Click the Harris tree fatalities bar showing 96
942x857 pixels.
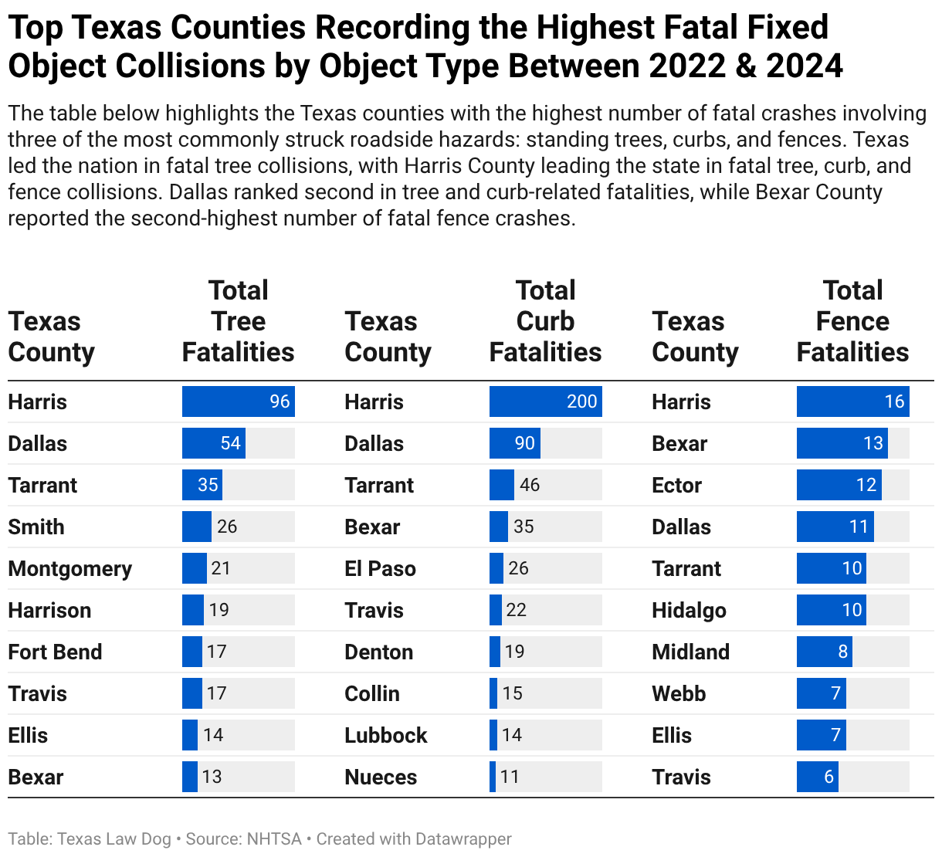[238, 401]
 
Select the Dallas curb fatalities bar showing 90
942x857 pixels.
[515, 443]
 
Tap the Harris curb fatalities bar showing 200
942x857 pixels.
[546, 401]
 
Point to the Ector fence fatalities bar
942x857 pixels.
[839, 485]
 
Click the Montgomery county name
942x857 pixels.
[70, 569]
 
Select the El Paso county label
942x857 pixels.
[381, 569]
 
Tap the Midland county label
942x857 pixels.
[691, 652]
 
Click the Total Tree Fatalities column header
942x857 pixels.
[238, 321]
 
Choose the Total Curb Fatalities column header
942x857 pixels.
[546, 321]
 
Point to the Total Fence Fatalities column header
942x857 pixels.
[852, 321]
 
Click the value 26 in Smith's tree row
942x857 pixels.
[227, 527]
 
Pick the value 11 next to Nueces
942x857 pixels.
[510, 777]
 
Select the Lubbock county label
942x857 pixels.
[386, 735]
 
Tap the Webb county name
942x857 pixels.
[679, 693]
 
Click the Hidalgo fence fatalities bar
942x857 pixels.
[831, 610]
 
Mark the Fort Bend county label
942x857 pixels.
[55, 652]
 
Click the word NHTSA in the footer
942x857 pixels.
[274, 839]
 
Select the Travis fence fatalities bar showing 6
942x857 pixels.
[818, 777]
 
